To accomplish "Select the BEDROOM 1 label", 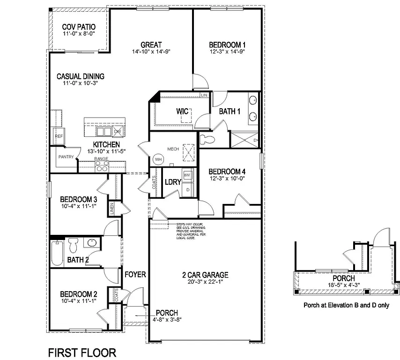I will [227, 45].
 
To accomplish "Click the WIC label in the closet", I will [182, 111].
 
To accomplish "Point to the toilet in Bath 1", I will [207, 139].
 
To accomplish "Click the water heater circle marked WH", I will [158, 159].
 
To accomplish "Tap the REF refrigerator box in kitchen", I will [59, 136].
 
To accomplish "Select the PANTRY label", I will [66, 157].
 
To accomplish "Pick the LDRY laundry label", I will [172, 182].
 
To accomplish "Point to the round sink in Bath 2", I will [91, 244].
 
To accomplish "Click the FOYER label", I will [135, 275].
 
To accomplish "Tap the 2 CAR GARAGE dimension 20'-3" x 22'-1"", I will [205, 282].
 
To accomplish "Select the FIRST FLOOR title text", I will [82, 352].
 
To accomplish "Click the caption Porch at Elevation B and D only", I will [347, 304].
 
